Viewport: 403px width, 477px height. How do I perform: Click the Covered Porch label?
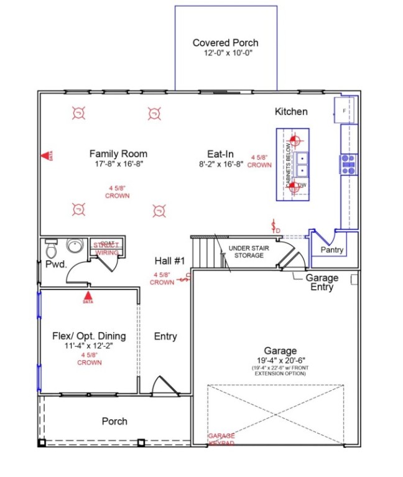click(225, 43)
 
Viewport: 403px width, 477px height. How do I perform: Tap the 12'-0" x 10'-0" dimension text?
click(225, 53)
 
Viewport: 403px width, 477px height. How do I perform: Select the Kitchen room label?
click(291, 112)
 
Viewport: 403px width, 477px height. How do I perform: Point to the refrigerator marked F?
click(345, 111)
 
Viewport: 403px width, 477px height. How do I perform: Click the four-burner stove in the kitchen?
click(348, 164)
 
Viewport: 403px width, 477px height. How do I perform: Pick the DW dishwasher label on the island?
click(302, 185)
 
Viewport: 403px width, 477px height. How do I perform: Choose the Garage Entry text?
click(322, 283)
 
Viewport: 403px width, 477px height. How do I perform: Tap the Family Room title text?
click(118, 153)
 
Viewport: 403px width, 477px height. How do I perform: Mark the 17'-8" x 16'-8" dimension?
click(118, 165)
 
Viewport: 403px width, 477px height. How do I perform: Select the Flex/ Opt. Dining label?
click(89, 336)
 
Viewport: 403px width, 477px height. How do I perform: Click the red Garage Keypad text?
click(221, 439)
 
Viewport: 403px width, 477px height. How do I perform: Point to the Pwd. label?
click(52, 264)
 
